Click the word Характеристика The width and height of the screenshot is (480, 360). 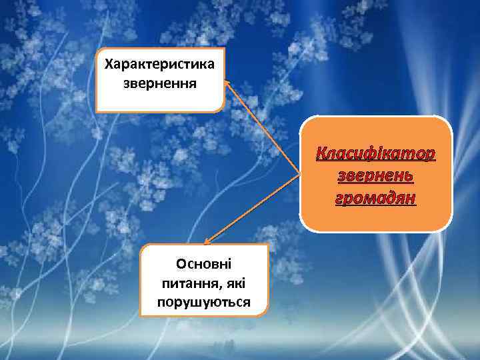coord(160,65)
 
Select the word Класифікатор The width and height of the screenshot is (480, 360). coord(376,155)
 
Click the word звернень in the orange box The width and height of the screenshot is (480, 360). coord(376,177)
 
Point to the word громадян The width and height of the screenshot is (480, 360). coord(376,198)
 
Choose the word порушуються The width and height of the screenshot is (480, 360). coord(204,302)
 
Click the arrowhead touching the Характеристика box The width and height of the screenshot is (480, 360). coord(227,84)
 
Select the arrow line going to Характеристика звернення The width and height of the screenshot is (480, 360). coord(263,131)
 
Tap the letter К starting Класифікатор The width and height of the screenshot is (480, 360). coord(321,155)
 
